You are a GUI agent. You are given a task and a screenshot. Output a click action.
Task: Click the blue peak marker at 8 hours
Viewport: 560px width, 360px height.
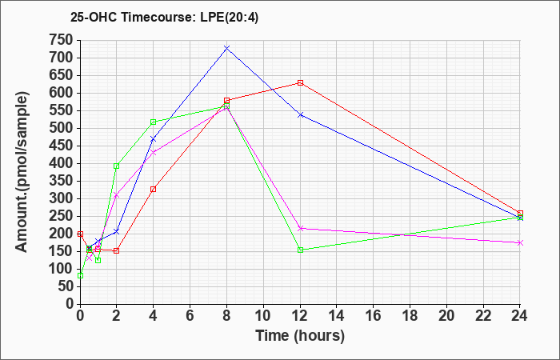coord(226,47)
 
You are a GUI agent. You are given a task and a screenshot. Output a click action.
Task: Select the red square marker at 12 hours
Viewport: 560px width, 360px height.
coord(300,83)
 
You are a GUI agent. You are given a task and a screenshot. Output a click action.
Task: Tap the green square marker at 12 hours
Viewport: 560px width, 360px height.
coord(300,250)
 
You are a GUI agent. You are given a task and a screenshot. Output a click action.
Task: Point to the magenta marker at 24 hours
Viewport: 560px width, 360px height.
coord(520,243)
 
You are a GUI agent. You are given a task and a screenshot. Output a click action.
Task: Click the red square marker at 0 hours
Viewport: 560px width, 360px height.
coord(80,234)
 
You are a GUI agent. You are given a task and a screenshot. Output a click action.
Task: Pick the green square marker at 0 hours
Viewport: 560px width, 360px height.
coord(80,276)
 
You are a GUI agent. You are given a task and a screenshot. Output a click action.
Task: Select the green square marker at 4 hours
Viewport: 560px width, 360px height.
coord(154,122)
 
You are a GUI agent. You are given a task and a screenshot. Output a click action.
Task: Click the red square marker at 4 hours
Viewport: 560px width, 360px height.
coord(154,190)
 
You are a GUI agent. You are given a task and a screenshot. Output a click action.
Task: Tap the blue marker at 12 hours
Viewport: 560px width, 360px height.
coord(300,115)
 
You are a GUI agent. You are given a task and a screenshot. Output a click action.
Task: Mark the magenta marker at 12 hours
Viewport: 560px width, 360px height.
coord(300,228)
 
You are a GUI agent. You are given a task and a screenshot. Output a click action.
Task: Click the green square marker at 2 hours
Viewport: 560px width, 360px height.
coord(117,166)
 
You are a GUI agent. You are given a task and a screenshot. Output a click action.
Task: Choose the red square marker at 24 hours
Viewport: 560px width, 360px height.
coord(520,214)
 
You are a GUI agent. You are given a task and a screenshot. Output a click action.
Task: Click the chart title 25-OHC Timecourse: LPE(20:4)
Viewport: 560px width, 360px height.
coord(164,18)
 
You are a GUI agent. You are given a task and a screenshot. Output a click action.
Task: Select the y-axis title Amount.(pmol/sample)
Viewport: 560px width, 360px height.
coord(22,172)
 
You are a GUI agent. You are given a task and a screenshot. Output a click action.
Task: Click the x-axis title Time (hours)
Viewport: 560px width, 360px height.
coord(300,336)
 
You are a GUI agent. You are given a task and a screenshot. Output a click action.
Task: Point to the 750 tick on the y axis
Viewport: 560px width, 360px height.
coord(63,40)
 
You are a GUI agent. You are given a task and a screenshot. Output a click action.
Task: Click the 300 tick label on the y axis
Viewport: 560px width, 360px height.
coord(63,198)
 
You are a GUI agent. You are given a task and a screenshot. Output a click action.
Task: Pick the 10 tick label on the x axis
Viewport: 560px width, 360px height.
coord(263,316)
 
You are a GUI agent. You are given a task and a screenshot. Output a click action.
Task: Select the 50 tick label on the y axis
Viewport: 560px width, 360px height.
coord(67,286)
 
